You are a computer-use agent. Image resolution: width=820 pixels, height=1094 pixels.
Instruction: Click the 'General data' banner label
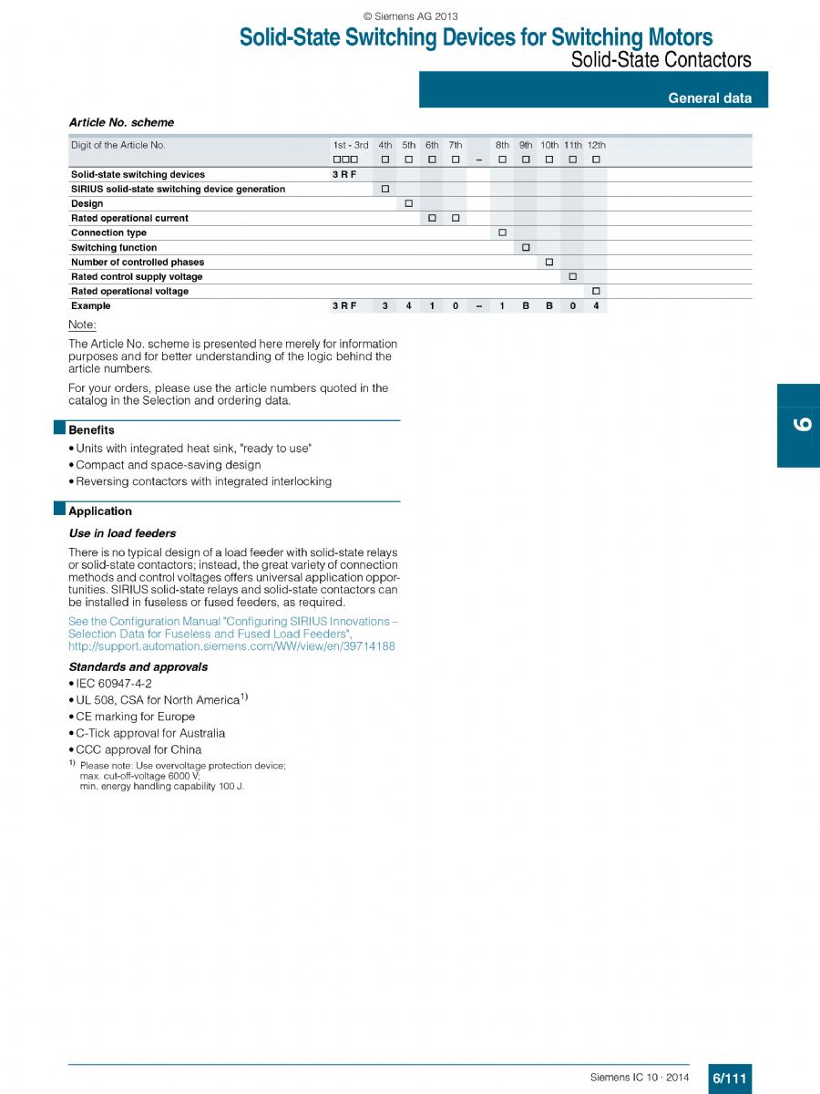(710, 98)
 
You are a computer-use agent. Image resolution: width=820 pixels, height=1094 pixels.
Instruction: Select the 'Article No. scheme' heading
(121, 122)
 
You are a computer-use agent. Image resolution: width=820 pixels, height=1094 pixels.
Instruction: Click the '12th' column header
(596, 145)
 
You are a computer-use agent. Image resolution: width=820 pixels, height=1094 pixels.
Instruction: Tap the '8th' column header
(502, 145)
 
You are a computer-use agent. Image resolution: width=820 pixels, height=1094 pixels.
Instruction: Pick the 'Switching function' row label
(114, 248)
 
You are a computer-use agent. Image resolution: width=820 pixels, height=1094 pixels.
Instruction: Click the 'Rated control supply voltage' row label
(137, 277)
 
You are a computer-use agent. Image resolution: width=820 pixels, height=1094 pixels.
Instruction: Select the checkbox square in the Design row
(409, 203)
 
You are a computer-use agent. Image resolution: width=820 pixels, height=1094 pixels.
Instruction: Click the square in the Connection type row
(502, 232)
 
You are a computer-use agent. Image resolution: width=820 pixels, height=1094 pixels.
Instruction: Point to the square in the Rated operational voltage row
(596, 291)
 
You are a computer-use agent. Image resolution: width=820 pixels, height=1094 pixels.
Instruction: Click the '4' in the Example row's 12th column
(596, 306)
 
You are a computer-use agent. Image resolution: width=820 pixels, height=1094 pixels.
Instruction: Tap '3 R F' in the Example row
(344, 306)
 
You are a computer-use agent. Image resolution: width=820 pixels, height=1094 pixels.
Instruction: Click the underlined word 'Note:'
(82, 325)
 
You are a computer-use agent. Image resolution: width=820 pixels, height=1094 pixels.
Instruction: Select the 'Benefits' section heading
(92, 430)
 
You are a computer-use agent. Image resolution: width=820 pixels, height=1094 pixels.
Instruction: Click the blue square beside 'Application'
(60, 509)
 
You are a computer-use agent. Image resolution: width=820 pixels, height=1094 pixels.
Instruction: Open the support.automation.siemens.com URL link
(231, 646)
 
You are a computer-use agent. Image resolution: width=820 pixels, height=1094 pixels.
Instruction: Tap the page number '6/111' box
(730, 1079)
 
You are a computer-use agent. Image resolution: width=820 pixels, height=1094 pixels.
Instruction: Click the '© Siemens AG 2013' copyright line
(410, 16)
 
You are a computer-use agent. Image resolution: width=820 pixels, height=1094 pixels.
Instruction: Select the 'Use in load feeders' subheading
(122, 533)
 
